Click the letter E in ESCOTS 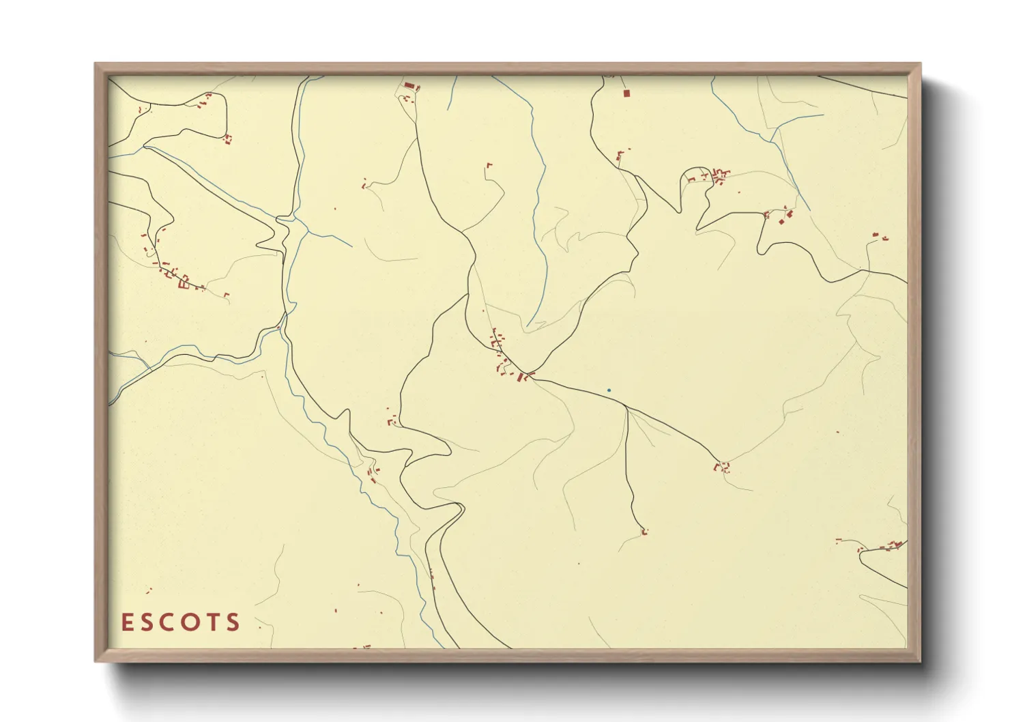click(127, 622)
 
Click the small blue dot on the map click(609, 390)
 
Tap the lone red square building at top click(626, 93)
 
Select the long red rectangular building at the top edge click(409, 86)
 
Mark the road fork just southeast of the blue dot click(626, 407)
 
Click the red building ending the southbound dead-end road click(644, 532)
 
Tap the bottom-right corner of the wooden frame click(919, 661)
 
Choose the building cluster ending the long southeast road click(723, 467)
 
